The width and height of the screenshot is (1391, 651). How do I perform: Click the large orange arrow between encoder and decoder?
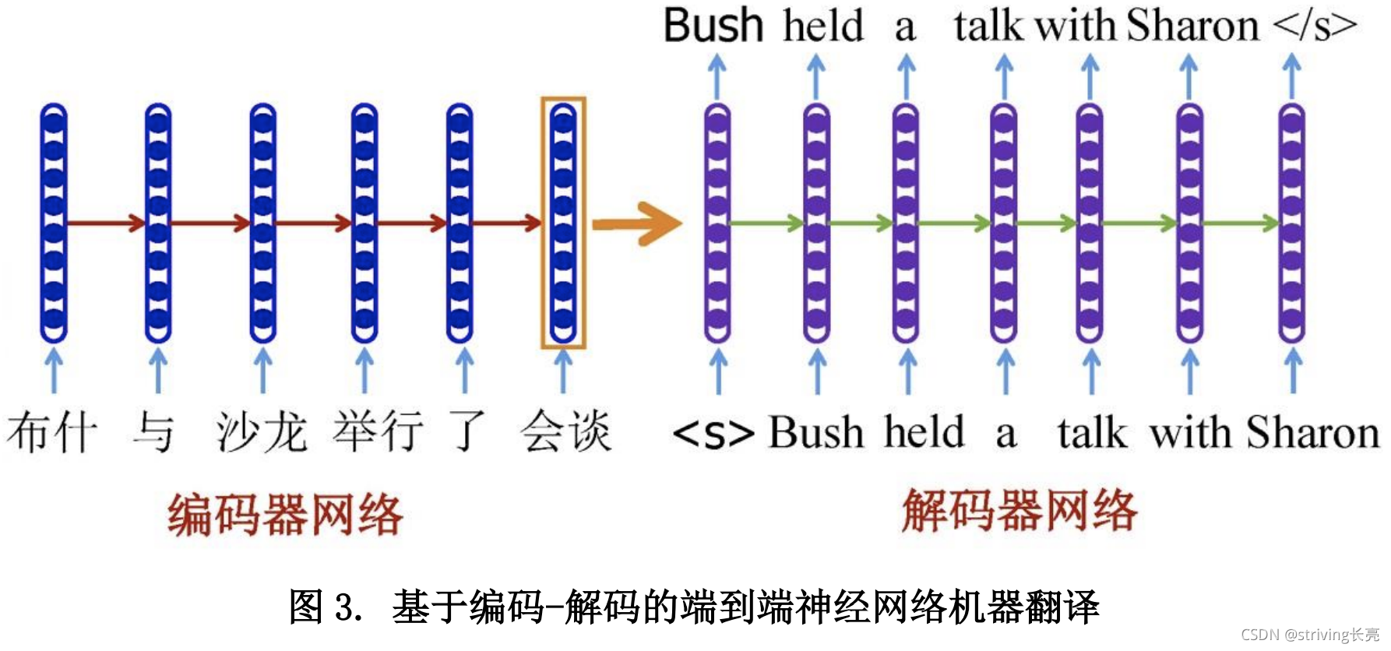[x=636, y=224]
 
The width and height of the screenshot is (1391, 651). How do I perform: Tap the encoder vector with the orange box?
[x=563, y=223]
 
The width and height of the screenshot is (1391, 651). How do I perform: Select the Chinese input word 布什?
[x=52, y=432]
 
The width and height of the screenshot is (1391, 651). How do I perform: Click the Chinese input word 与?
[x=153, y=432]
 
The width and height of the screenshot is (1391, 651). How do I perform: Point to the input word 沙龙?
[x=262, y=432]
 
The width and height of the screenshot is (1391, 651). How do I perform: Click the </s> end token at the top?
[x=1315, y=26]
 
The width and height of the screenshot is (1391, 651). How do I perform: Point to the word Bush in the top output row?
[x=713, y=26]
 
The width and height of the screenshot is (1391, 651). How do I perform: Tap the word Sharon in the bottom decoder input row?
[x=1312, y=432]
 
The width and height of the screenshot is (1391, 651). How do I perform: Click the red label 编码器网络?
[x=285, y=515]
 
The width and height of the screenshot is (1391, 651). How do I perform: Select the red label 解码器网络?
[x=1019, y=511]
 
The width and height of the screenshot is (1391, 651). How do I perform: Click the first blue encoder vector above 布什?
[x=54, y=223]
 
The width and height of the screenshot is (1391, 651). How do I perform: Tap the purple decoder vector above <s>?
[x=717, y=223]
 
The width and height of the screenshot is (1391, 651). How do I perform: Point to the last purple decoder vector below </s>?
[x=1291, y=223]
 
